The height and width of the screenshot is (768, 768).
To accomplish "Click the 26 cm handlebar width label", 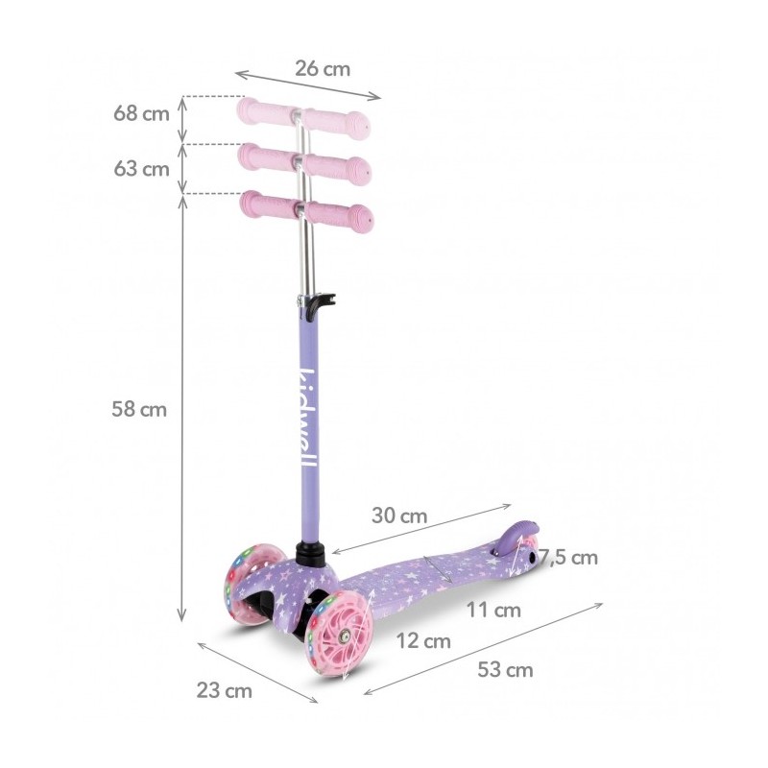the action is point(323,69).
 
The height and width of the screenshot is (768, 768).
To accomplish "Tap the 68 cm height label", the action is point(141,113).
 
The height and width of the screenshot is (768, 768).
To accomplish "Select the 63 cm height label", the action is point(141,169).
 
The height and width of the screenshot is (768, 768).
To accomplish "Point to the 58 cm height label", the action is point(139,409).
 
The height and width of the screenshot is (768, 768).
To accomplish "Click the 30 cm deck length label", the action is point(399,516).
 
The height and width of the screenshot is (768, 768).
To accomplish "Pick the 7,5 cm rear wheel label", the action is point(568,558).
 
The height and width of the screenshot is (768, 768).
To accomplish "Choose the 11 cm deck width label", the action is point(493,611).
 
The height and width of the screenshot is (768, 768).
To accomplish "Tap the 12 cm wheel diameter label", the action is point(423,641).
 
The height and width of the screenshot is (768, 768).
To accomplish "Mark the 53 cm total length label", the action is point(506,669).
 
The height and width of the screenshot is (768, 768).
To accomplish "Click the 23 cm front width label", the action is point(225,690).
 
